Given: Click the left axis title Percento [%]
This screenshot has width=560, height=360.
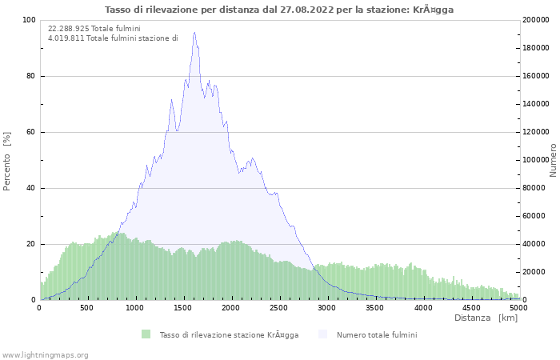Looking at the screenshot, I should pyautogui.click(x=7, y=160).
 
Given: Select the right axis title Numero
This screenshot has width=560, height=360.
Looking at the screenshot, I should pyautogui.click(x=553, y=160).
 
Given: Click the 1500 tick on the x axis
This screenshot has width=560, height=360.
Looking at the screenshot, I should pyautogui.click(x=183, y=306).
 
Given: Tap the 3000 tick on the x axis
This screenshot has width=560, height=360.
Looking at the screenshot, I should pyautogui.click(x=327, y=306).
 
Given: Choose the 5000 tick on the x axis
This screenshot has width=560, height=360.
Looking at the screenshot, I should pyautogui.click(x=518, y=306).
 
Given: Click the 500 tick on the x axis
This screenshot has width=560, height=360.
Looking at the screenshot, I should pyautogui.click(x=87, y=306).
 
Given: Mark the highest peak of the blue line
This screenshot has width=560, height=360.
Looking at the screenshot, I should pyautogui.click(x=194, y=33).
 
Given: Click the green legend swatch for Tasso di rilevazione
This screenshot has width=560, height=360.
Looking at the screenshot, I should pyautogui.click(x=146, y=334).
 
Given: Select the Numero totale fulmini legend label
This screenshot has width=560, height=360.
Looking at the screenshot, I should pyautogui.click(x=376, y=334).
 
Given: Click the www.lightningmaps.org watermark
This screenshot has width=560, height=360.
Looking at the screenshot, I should pyautogui.click(x=46, y=354).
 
